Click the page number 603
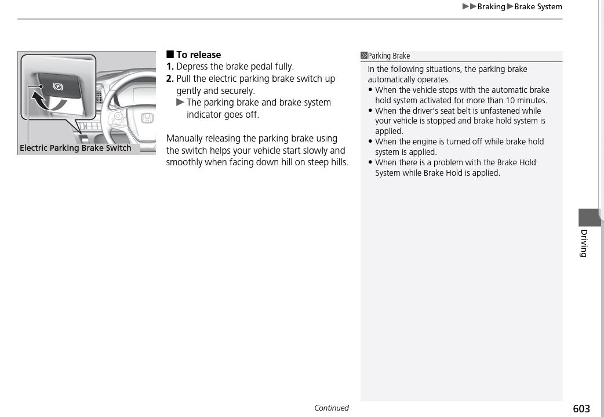tap(581, 409)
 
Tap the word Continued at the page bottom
tap(331, 408)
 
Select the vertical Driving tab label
tap(584, 243)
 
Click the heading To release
tap(198, 55)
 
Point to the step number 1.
tap(170, 67)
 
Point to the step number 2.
tap(170, 79)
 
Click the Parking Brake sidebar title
tap(388, 56)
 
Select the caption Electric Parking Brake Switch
tap(75, 148)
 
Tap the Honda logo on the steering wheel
tap(147, 119)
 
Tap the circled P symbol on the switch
tap(58, 86)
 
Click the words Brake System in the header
tap(538, 7)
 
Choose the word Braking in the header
tap(491, 7)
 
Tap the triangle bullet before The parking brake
tap(180, 103)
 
